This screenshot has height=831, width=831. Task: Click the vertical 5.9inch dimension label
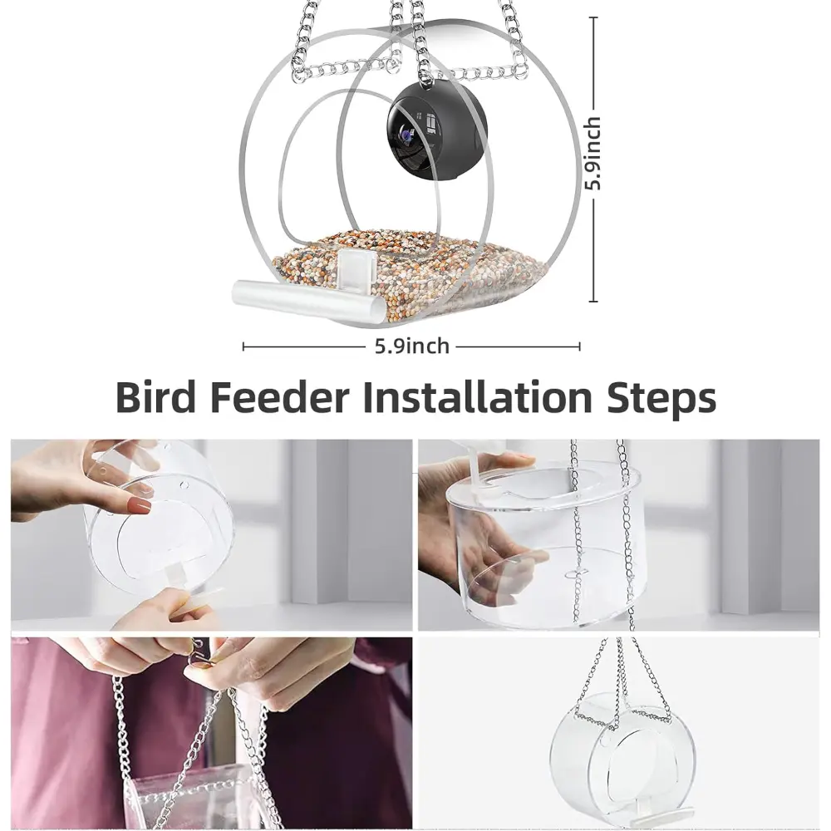point(593,153)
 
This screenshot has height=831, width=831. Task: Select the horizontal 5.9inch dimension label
point(412,346)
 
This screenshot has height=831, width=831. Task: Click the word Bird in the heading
point(156,396)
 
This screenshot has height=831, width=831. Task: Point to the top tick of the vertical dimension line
point(593,17)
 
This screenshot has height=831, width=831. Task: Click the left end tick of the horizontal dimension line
point(243,347)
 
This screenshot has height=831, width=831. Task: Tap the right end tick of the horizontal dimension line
point(579,347)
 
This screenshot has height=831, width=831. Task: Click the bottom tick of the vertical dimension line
point(593,301)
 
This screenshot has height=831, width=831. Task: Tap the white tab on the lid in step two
point(478,466)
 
